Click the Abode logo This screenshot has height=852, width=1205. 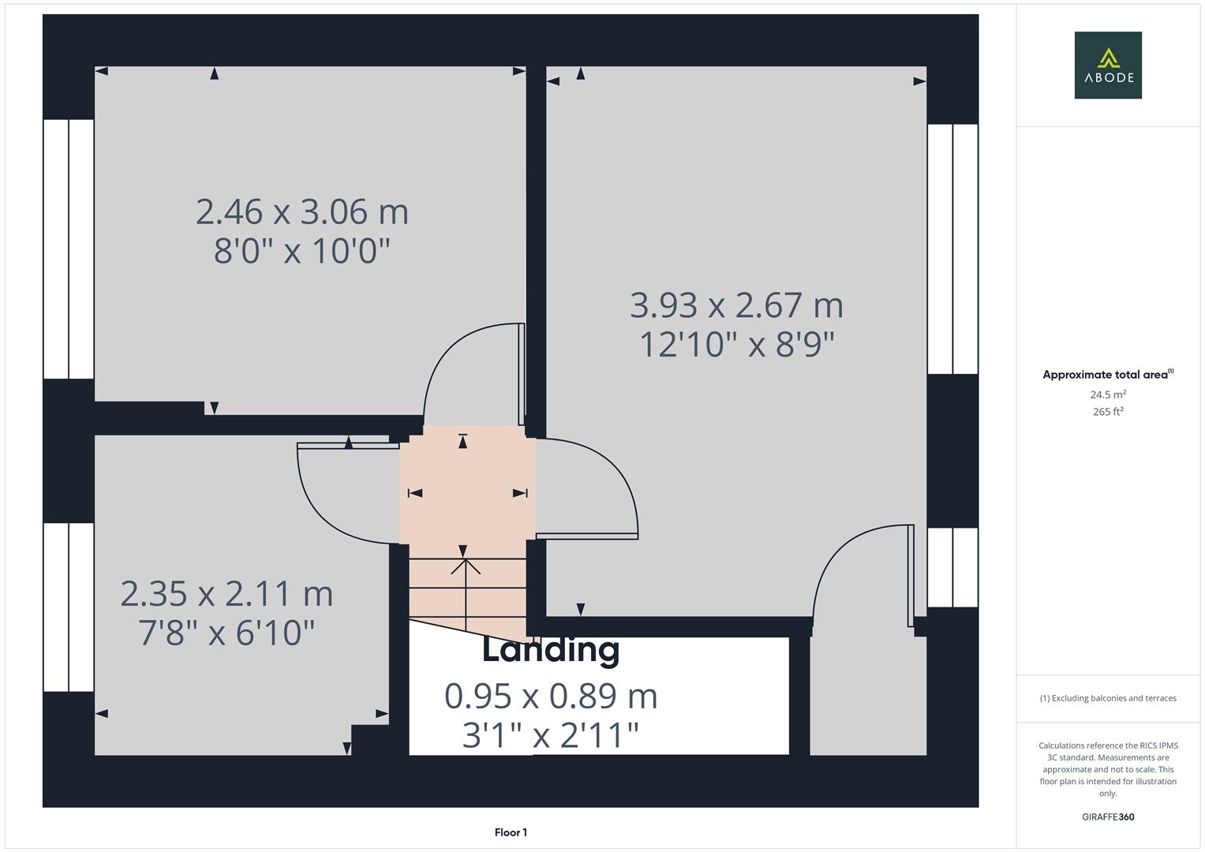[x=1107, y=65]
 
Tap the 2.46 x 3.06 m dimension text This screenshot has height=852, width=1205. [x=302, y=212]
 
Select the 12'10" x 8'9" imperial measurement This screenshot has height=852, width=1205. [x=736, y=345]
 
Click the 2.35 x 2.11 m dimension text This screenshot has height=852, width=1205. [x=226, y=594]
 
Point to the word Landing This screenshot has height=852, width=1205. [x=551, y=650]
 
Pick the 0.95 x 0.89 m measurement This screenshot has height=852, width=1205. [x=551, y=696]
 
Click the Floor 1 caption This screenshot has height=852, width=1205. [x=511, y=832]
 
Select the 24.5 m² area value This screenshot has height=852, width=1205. [x=1107, y=394]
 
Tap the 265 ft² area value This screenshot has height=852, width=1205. [x=1107, y=412]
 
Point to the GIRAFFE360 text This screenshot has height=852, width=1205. [x=1107, y=816]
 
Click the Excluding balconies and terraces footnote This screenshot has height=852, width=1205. [x=1107, y=698]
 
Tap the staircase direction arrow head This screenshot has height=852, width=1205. [x=466, y=563]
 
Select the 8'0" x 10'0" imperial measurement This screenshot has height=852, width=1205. [x=302, y=252]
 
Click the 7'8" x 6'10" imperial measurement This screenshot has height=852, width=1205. [x=226, y=633]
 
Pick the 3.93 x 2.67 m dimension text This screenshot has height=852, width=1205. [x=736, y=305]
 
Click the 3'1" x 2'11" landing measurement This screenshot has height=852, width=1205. [x=551, y=735]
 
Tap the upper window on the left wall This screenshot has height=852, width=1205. [x=69, y=249]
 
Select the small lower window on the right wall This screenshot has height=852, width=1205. [x=952, y=567]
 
